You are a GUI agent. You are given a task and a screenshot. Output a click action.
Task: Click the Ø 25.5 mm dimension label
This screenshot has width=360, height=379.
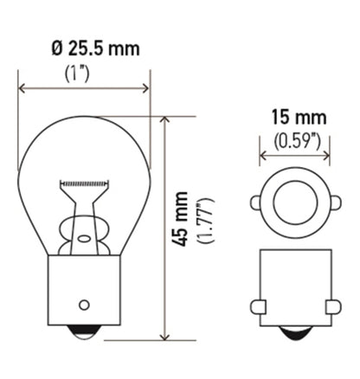click(x=84, y=48)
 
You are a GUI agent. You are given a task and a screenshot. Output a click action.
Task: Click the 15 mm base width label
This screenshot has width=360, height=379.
click(x=294, y=117)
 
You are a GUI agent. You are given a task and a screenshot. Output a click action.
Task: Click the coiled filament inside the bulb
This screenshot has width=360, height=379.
click(x=85, y=183)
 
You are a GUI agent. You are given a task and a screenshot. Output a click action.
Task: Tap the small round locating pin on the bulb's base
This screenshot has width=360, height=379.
click(x=84, y=304)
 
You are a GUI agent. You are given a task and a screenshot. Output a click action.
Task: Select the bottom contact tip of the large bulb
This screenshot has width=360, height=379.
click(x=84, y=332)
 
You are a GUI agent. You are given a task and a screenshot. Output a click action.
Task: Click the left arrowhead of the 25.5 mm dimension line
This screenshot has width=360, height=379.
click(x=22, y=87)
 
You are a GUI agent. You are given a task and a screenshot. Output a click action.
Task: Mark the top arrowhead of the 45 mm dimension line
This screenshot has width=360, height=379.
click(x=164, y=120)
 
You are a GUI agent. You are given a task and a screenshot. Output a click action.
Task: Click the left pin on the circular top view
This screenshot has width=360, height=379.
click(x=256, y=203)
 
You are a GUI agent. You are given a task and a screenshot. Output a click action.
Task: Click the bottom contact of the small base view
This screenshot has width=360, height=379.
click(x=294, y=332)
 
